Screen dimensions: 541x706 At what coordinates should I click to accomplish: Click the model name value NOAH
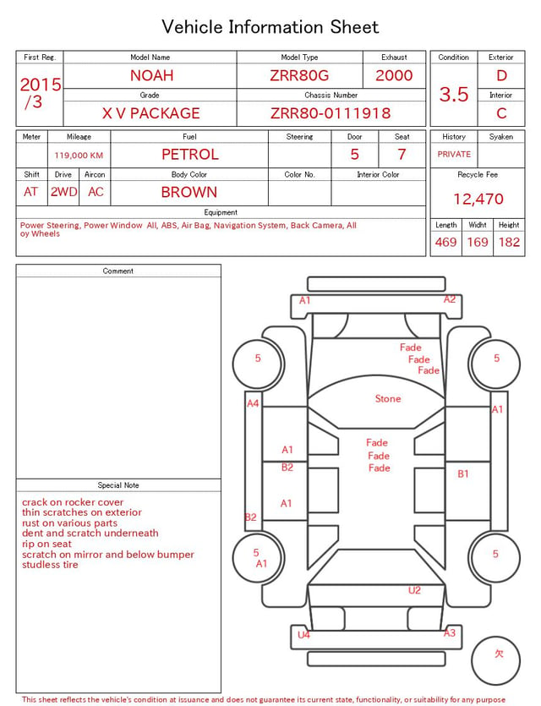151,75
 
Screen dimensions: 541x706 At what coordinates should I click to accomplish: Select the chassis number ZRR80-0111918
331,113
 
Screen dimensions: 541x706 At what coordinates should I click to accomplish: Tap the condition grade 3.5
454,94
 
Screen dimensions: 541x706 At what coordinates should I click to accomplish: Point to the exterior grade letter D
501,75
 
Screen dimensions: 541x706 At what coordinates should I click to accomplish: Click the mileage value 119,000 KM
79,156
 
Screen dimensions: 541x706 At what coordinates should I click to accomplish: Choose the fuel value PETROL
190,155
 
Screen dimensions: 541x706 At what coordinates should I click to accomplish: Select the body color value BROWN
189,192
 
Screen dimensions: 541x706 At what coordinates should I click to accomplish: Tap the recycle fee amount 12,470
478,199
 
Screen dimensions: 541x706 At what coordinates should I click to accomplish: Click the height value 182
509,242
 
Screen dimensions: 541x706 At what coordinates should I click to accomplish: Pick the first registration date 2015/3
40,93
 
